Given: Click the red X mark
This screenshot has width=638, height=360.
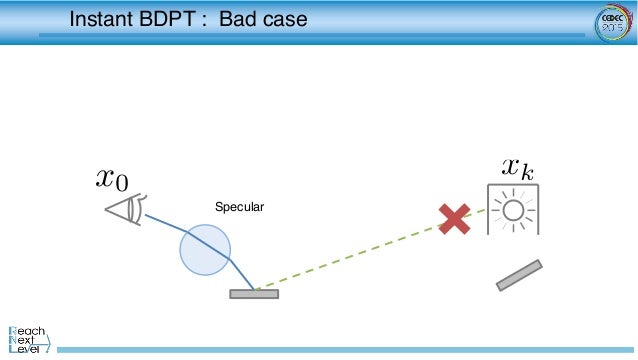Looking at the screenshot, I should tap(454, 219).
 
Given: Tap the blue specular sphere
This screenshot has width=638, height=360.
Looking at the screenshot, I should tap(205, 248).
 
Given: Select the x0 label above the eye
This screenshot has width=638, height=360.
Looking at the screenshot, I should tap(112, 178).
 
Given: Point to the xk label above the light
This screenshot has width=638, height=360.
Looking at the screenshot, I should tap(517, 167).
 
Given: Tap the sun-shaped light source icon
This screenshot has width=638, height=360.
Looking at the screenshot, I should tap(513, 210).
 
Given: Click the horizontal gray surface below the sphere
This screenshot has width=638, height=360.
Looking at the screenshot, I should tap(254, 294).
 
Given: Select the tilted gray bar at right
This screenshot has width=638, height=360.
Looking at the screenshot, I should tap(519, 275).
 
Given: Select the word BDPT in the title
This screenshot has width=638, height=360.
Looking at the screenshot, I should tap(174, 19).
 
